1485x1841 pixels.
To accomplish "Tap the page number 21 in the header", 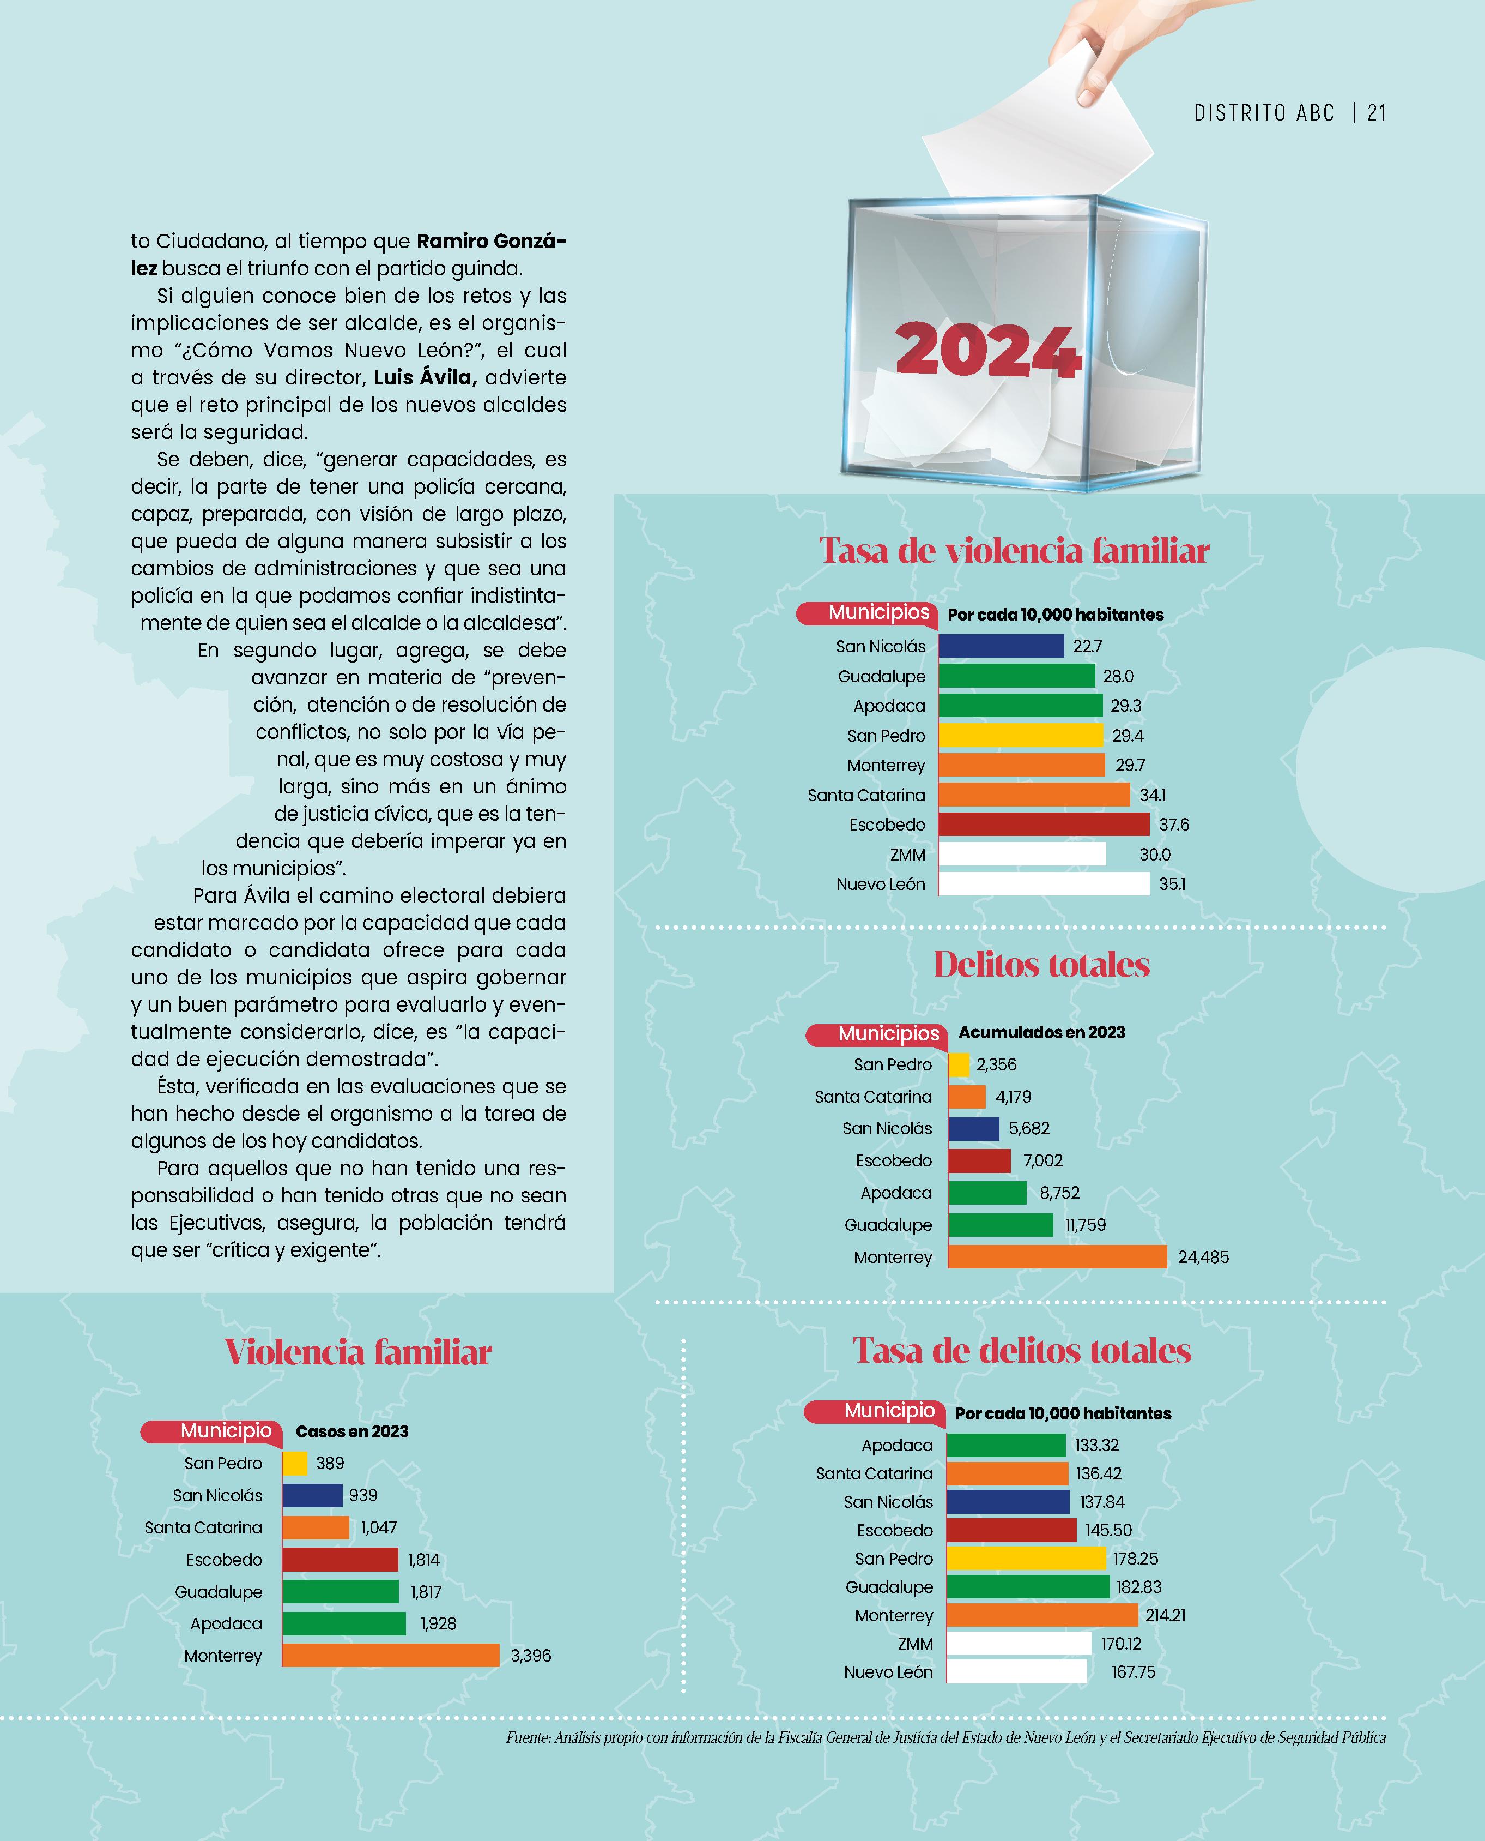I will click(1377, 113).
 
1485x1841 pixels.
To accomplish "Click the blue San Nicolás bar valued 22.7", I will click(1001, 646).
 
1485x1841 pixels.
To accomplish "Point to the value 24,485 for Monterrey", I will click(1203, 1258).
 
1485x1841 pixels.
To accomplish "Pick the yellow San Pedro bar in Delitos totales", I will click(959, 1064).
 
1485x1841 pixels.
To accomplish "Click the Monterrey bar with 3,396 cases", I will click(390, 1655).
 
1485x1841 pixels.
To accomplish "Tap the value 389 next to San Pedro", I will click(330, 1463).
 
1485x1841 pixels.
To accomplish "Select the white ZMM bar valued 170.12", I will click(1018, 1643).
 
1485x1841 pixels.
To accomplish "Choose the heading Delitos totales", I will click(1041, 965).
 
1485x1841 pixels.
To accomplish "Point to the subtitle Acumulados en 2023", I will click(1041, 1032).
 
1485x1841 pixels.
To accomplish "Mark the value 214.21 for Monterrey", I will click(1165, 1615).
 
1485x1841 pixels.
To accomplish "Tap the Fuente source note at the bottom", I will click(945, 1737).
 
